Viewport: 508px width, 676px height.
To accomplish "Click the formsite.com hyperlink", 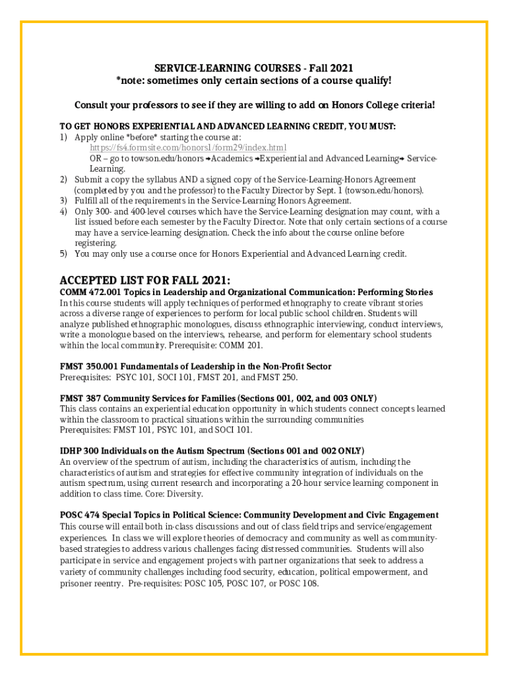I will tap(188, 147).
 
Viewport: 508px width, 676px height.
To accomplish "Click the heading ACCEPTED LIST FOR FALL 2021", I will tap(144, 279).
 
